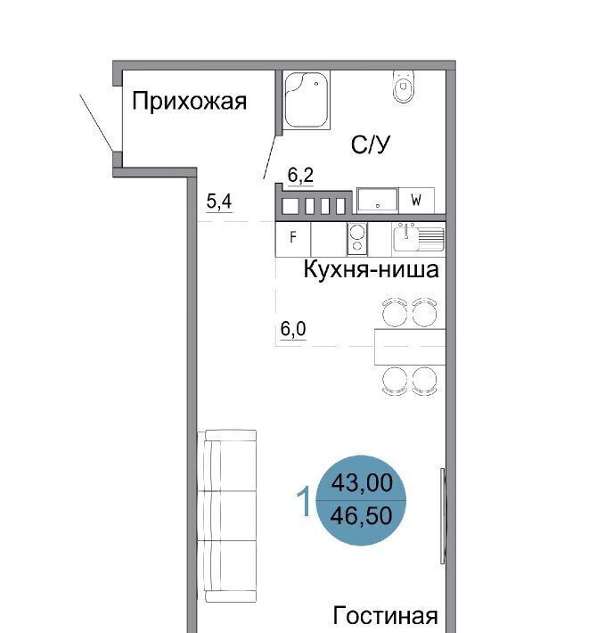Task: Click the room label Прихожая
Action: click(189, 101)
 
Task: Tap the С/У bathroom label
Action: click(371, 144)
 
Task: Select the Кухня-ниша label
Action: click(371, 269)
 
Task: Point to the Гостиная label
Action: click(385, 616)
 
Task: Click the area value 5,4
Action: click(219, 201)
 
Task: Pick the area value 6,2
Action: click(300, 176)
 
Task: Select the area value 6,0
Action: click(293, 329)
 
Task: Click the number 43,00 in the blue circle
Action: click(362, 482)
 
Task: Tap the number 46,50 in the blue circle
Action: click(362, 515)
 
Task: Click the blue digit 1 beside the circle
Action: click(303, 501)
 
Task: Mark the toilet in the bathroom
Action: click(404, 86)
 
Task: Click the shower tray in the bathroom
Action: click(307, 100)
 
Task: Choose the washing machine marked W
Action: click(416, 201)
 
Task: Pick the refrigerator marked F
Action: click(293, 239)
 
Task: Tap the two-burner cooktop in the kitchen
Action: click(357, 239)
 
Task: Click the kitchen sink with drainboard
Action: click(419, 238)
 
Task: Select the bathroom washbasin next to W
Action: click(378, 200)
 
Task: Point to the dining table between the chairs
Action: click(410, 347)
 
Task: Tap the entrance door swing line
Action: click(96, 123)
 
